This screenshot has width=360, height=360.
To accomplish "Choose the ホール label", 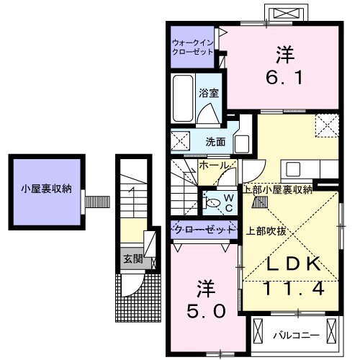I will click(x=215, y=166).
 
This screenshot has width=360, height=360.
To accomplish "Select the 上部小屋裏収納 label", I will click(x=277, y=189).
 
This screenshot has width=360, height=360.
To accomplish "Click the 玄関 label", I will click(x=130, y=258).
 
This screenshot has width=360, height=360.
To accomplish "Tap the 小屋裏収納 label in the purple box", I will click(x=45, y=189).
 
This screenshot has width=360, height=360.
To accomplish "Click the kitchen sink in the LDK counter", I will click(x=293, y=169).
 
